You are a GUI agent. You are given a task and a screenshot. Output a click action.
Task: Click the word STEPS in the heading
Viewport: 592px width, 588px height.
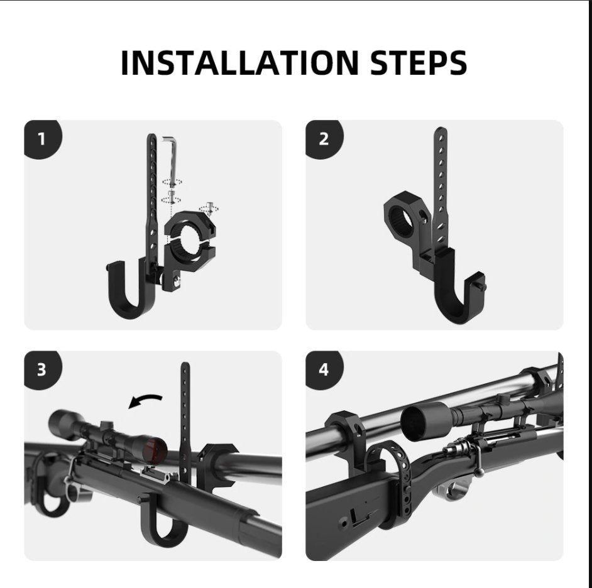410,62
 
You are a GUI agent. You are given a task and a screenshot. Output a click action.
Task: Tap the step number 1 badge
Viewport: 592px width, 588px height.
41,138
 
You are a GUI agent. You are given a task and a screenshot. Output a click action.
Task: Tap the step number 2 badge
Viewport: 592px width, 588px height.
323,138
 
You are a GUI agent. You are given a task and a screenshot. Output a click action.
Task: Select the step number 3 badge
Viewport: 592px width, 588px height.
41,369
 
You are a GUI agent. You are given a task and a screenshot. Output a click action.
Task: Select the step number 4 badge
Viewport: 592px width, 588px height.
323,369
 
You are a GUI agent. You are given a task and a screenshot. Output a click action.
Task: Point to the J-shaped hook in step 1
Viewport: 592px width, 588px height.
129,289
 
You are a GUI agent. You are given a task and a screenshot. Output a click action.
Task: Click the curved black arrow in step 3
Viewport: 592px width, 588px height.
146,401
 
